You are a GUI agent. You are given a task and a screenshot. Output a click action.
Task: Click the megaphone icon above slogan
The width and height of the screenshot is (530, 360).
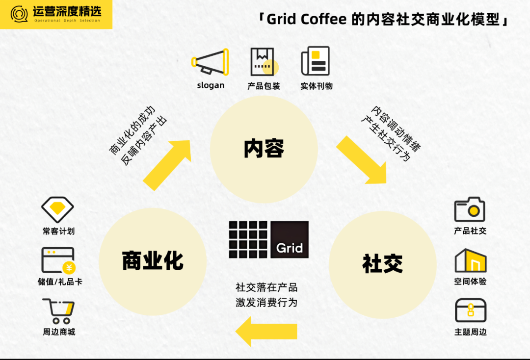pos(211,62)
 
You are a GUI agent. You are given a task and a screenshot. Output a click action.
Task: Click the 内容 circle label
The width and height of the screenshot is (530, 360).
pos(264,149)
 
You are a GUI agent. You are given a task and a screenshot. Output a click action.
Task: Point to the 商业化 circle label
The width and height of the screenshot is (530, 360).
pos(153,260)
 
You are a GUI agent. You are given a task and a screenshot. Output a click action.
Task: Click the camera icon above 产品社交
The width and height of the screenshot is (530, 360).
pos(470,209)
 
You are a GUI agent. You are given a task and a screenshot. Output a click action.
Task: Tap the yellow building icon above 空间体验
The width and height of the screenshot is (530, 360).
pos(470,260)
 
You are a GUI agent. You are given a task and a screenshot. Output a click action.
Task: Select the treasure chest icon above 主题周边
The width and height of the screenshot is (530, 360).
pos(470,310)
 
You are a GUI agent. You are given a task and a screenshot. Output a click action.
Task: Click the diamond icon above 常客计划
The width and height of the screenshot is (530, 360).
pos(57,209)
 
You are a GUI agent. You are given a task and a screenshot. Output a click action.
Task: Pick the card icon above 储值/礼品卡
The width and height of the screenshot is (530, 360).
pos(58,260)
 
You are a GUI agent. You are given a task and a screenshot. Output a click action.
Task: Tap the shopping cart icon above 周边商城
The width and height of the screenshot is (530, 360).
pos(58,311)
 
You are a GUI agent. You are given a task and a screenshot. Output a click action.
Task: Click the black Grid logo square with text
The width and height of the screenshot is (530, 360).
pos(290,240)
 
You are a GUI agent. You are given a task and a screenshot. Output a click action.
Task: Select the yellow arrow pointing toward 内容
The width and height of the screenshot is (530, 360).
pos(167,164)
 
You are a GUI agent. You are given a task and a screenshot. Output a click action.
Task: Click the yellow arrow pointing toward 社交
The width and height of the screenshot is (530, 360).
pos(361,160)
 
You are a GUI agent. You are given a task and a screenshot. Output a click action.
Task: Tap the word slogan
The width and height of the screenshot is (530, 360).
pos(211,85)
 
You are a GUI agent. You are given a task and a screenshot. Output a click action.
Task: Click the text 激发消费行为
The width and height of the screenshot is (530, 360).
pos(266,302)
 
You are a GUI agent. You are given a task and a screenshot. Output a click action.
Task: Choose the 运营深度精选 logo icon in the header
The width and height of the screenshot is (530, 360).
pos(20,15)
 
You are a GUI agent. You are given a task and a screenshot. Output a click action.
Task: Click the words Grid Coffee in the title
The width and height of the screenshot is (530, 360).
pos(307,20)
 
